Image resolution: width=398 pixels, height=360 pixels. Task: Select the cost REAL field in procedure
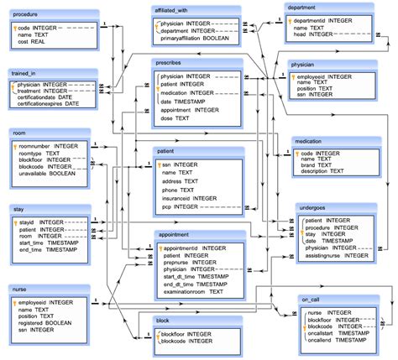(x=36, y=41)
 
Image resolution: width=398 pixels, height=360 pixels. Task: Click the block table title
(x=163, y=321)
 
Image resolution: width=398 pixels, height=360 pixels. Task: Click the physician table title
(x=302, y=64)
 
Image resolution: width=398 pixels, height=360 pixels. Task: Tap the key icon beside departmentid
(x=291, y=18)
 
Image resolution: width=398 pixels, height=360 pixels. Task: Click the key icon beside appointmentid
(x=159, y=248)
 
